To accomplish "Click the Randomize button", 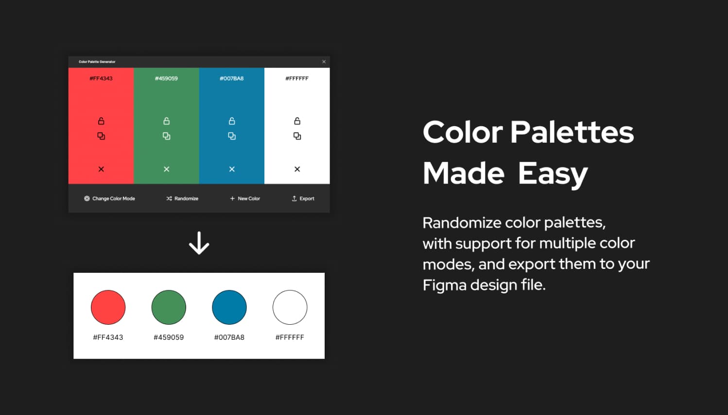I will click(x=182, y=199).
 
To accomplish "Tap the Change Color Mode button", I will click(x=109, y=199).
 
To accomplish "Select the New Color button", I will click(x=245, y=199).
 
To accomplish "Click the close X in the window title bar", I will click(x=324, y=62).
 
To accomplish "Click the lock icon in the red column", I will click(x=101, y=121).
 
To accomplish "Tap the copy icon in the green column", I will click(x=166, y=136).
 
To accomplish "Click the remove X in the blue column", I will click(x=232, y=169).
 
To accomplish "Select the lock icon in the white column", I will click(x=297, y=121).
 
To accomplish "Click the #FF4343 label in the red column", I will click(x=101, y=78).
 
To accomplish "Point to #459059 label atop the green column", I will click(x=166, y=78).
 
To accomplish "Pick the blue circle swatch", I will click(x=229, y=307).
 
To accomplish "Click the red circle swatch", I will click(x=108, y=307).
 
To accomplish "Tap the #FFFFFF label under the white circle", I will click(x=290, y=337).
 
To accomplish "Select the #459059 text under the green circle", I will click(x=169, y=337).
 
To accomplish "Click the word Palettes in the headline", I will click(x=572, y=133).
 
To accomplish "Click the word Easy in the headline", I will click(x=553, y=174).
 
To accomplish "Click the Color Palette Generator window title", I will click(x=97, y=62).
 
